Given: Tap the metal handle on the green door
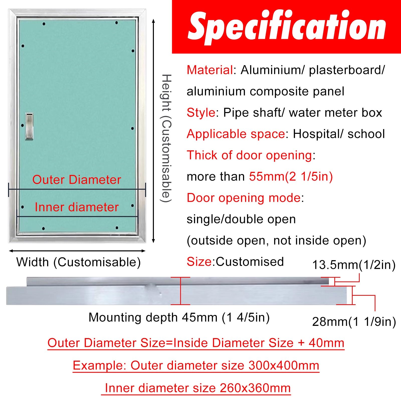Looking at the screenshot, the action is (29, 126).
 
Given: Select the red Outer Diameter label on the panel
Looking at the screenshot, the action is (77, 180).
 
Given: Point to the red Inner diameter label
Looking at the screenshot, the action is (77, 207).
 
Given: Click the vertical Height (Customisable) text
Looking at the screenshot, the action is (166, 138).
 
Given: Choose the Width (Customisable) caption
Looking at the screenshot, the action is (78, 262).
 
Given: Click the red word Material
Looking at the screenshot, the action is (210, 70).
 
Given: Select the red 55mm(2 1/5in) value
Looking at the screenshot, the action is (291, 176).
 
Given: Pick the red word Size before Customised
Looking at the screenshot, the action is (199, 262).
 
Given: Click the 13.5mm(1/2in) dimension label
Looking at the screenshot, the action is (354, 265).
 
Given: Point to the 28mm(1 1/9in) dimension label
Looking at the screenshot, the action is (354, 322).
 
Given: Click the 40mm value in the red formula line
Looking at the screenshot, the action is (326, 343).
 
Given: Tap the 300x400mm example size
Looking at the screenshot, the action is (284, 365).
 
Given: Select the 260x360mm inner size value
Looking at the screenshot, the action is (255, 388).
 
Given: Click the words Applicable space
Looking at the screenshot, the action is (236, 134).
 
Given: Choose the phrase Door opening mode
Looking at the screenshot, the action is (244, 198).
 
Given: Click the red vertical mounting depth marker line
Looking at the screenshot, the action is (181, 291).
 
